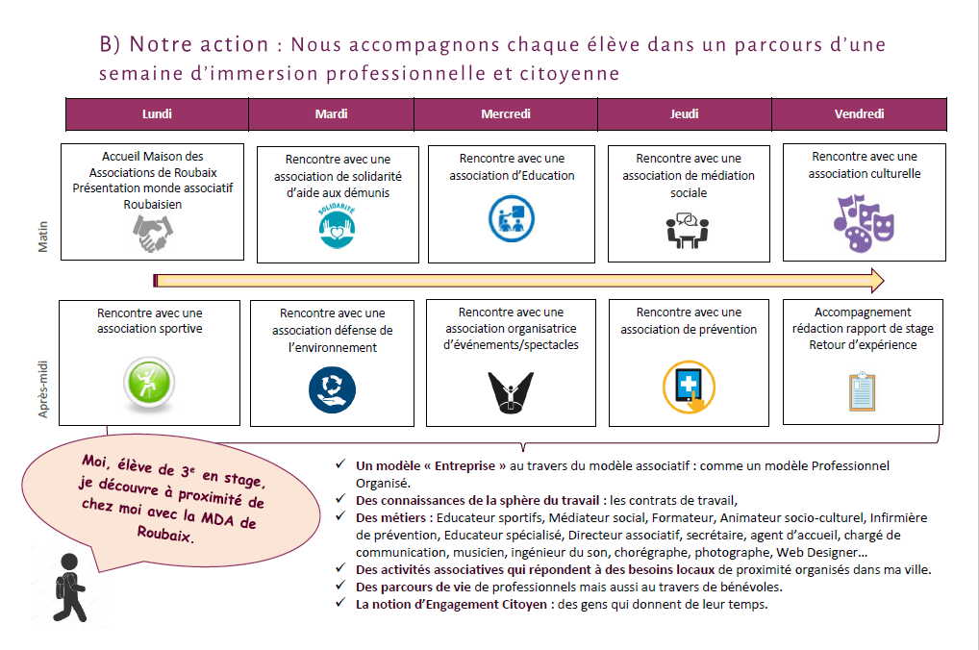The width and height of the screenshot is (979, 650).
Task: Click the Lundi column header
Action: click(157, 113)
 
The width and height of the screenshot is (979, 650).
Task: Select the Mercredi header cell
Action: click(506, 113)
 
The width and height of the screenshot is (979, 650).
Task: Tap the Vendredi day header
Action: click(859, 113)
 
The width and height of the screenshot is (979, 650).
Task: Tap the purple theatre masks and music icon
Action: click(863, 222)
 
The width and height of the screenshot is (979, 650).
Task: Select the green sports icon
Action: click(151, 380)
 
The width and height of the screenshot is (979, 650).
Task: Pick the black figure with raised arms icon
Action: click(510, 389)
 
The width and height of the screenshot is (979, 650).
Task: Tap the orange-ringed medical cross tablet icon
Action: click(689, 387)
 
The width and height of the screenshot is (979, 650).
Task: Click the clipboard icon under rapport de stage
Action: click(863, 391)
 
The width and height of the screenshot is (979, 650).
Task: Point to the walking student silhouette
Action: click(70, 587)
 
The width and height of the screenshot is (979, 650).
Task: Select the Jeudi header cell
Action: click(684, 113)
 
